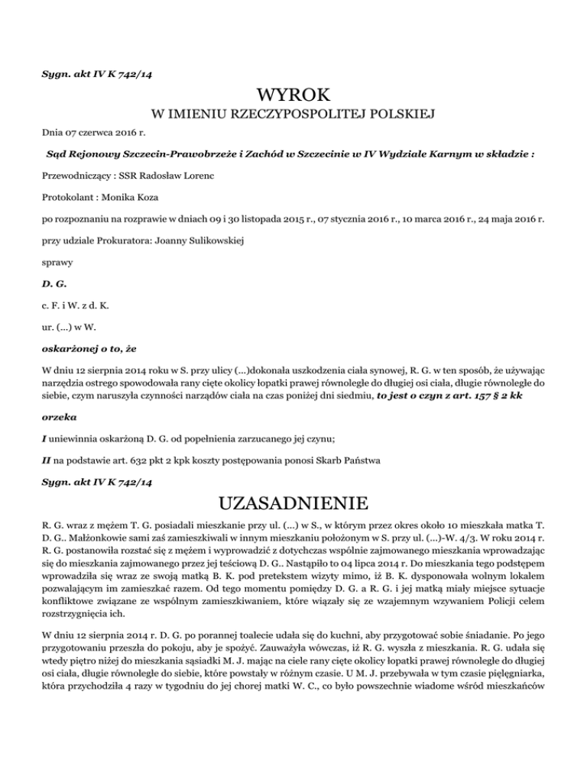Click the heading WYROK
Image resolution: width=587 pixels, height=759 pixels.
293,96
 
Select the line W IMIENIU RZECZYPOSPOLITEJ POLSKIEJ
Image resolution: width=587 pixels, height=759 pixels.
293,116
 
